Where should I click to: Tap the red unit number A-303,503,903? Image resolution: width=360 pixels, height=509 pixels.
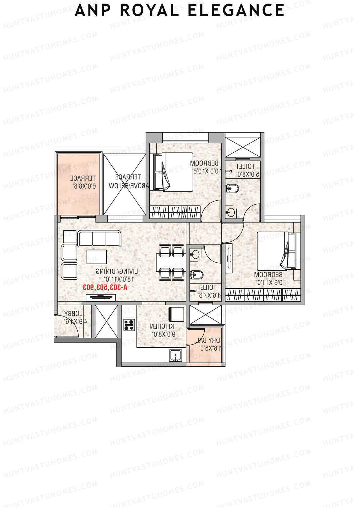coord(105,287)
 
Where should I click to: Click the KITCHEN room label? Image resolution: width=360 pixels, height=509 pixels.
coord(162,326)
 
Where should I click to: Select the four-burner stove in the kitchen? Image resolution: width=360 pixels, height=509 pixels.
coord(129,325)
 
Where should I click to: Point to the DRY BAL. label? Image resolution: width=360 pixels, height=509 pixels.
coord(209,340)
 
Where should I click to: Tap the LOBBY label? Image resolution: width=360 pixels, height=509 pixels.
coord(73,314)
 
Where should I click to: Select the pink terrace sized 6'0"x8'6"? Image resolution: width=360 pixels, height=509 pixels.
coord(79,184)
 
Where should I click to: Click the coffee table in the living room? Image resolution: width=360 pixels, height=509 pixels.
coord(97,257)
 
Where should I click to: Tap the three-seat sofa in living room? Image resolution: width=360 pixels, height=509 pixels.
coord(99,238)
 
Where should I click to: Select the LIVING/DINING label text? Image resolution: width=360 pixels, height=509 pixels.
coord(117,271)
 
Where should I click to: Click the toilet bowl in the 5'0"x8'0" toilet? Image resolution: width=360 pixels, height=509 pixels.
coord(232,188)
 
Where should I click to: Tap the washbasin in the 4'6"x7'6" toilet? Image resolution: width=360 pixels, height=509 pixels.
coord(195,255)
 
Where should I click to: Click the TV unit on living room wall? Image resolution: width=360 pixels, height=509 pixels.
coord(101,297)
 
